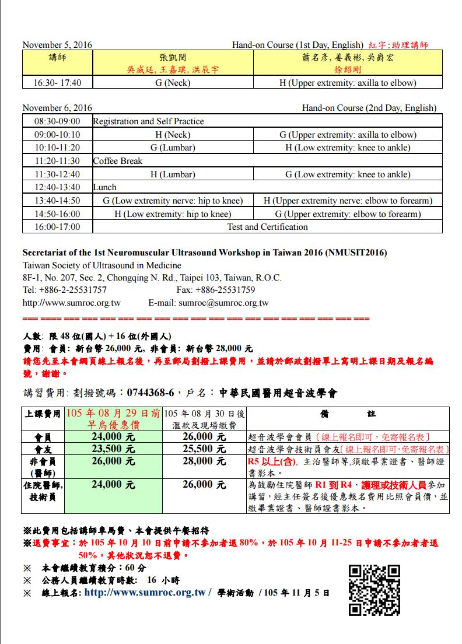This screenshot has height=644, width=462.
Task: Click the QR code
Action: tap(374, 590)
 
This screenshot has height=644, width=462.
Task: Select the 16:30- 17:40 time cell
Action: tap(57, 83)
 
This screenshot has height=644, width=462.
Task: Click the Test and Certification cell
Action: tap(267, 227)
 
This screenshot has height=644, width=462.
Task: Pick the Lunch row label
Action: tap(105, 187)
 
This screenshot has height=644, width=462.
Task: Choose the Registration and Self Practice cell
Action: tap(149, 121)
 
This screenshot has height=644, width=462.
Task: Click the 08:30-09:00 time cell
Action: tap(57, 121)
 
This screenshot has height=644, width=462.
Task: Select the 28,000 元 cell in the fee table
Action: tap(204, 461)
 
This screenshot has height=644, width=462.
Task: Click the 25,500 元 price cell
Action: tap(204, 449)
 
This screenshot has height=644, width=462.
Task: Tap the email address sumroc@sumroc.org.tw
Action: tap(223, 303)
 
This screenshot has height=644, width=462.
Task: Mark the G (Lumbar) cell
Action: tap(173, 148)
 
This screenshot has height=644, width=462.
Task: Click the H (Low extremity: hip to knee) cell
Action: tap(173, 214)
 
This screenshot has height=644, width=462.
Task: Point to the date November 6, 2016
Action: tap(57, 108)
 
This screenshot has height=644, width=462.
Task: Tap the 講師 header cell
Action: tap(57, 57)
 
